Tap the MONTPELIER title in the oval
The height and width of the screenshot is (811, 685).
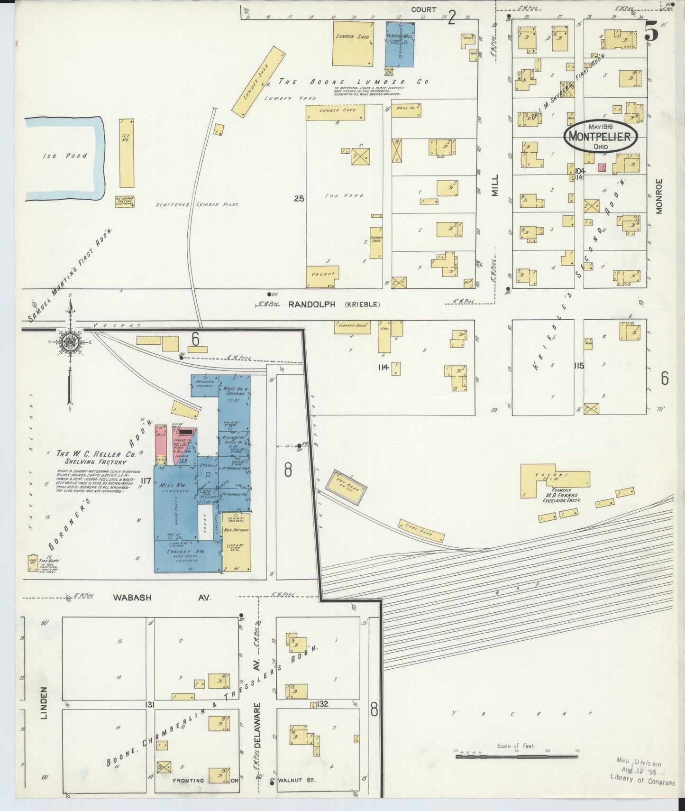click(600, 137)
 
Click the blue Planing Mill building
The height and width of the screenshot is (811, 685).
click(400, 44)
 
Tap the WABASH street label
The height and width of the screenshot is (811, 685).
click(132, 598)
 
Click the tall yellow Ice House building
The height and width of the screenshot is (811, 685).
click(127, 153)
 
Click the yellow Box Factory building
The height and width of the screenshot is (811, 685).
click(236, 541)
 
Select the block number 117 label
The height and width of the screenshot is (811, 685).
click(145, 481)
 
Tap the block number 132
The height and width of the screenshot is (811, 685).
click(323, 704)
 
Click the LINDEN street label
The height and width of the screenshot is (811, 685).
click(44, 702)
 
